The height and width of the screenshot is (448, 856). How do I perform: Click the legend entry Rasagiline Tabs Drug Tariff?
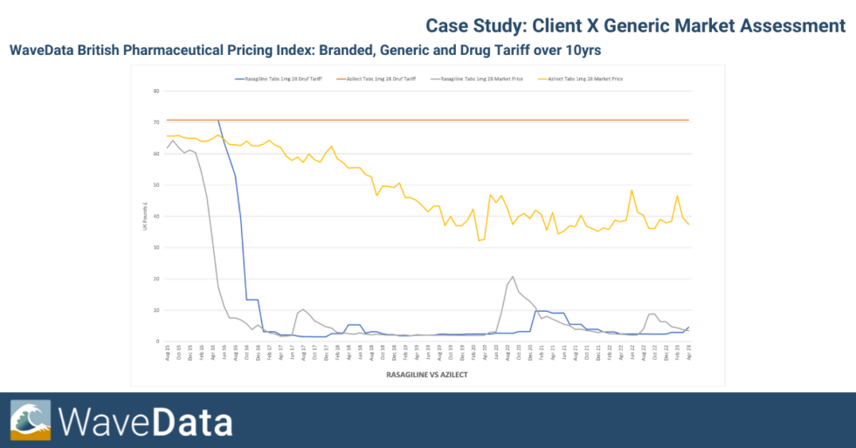280,79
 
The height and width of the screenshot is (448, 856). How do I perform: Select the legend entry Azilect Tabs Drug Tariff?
381,79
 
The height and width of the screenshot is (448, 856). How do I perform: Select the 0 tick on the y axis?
157,341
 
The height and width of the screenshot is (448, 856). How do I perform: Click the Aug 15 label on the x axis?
168,354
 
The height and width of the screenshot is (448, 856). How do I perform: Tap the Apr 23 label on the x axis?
690,354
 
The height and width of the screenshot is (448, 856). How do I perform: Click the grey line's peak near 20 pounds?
513,277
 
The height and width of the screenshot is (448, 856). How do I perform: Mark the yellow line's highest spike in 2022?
632,190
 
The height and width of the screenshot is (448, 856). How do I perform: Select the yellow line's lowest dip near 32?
480,240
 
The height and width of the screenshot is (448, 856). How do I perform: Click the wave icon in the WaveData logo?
31,420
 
